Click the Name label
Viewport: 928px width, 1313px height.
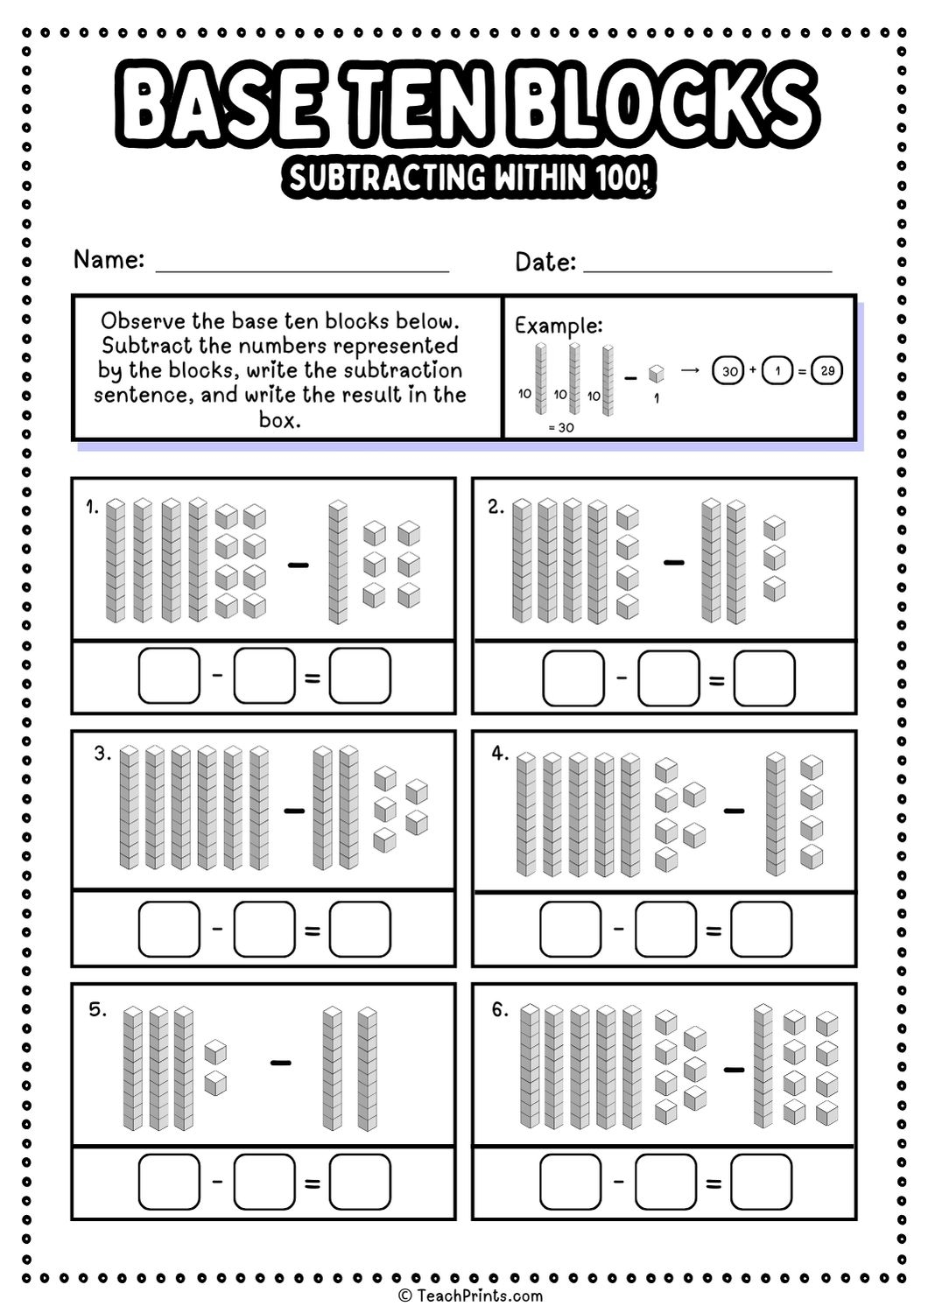pyautogui.click(x=109, y=260)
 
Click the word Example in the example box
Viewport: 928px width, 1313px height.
pyautogui.click(x=558, y=326)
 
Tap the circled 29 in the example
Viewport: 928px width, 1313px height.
pyautogui.click(x=827, y=370)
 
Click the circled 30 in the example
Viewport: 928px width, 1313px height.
pyautogui.click(x=728, y=371)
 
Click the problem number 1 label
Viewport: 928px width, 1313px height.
pyautogui.click(x=92, y=507)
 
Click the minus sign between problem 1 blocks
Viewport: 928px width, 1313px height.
pyautogui.click(x=298, y=565)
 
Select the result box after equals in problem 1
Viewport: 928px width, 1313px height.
pyautogui.click(x=360, y=676)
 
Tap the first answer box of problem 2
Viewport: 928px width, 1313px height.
pyautogui.click(x=573, y=678)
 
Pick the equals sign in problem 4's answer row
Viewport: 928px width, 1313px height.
pyautogui.click(x=714, y=931)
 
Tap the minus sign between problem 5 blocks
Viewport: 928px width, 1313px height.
pyautogui.click(x=280, y=1063)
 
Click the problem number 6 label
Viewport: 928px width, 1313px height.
pyautogui.click(x=499, y=1010)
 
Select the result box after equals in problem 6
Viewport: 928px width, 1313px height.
pyautogui.click(x=761, y=1182)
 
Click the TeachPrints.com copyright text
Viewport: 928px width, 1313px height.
pyautogui.click(x=470, y=1295)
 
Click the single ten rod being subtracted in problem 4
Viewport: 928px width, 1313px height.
pyautogui.click(x=775, y=814)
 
